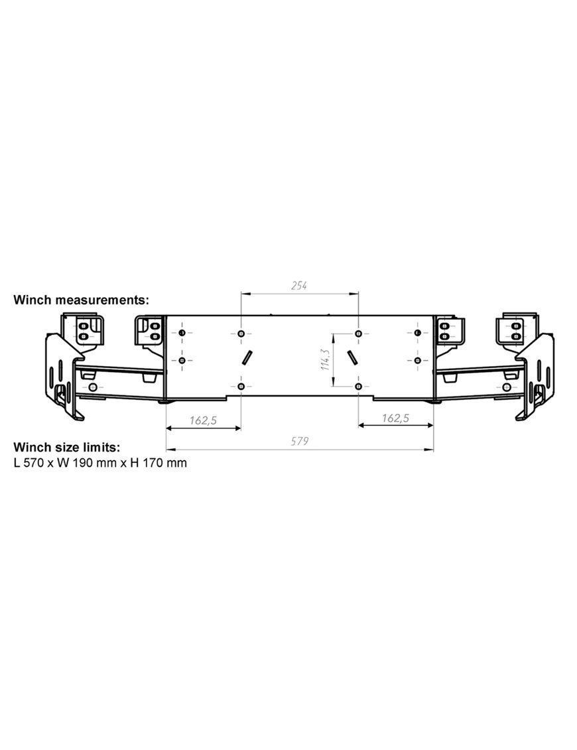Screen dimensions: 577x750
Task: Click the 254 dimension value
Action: click(299, 286)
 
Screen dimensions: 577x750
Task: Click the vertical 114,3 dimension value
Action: click(326, 359)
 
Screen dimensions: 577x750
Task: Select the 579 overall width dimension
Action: click(300, 441)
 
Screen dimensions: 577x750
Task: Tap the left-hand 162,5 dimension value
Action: click(203, 420)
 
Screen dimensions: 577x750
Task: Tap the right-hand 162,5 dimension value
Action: click(396, 418)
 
